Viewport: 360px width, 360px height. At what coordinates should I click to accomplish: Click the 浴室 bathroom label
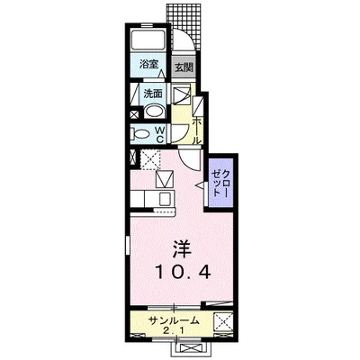pos(148,66)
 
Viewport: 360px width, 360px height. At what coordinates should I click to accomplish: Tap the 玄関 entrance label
pos(183,67)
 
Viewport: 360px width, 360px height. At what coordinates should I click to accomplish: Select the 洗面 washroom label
pos(152,93)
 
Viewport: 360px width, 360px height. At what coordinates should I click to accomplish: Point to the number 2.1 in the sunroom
pos(170,330)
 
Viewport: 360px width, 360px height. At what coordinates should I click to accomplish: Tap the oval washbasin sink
pos(154,112)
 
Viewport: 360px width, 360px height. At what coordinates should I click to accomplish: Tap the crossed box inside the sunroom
pos(222,320)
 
